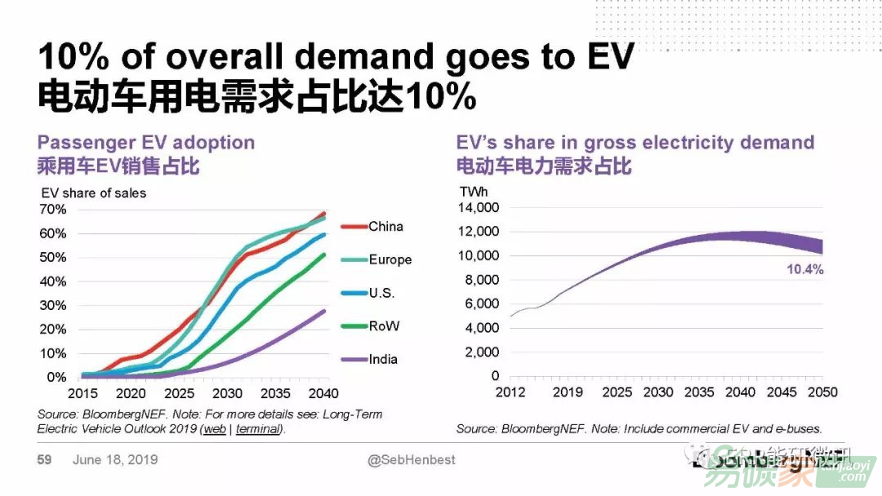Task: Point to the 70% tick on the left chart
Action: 52,210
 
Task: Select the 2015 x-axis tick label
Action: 82,393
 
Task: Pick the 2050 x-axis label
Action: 822,392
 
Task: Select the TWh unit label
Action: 474,193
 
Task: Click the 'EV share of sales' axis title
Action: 93,193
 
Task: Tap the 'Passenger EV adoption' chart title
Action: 146,143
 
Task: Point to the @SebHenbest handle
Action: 412,460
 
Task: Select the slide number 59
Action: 44,460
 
